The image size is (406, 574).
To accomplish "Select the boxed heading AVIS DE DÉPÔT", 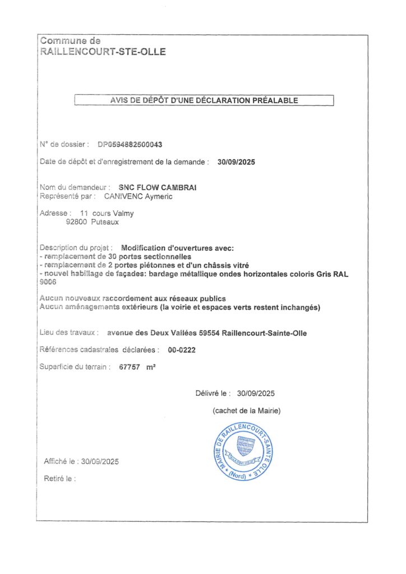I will click(x=204, y=101).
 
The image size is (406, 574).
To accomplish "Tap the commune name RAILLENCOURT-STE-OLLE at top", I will click(x=103, y=52).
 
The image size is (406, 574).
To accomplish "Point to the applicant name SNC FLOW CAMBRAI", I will click(x=158, y=187).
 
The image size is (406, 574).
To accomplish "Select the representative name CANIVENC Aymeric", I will click(x=139, y=196).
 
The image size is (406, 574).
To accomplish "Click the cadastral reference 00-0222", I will click(x=182, y=350).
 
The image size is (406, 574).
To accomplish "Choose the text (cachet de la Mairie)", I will click(x=247, y=411).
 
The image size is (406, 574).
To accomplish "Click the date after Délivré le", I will click(x=256, y=394).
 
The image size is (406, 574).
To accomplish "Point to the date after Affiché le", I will click(x=100, y=462).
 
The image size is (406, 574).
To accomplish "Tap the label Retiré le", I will click(x=59, y=479).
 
